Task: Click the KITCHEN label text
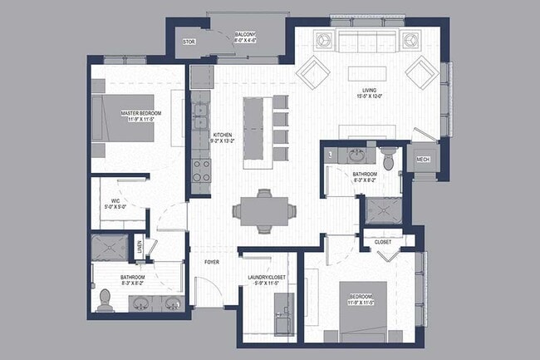click(x=223, y=137)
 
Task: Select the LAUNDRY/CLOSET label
click(x=268, y=280)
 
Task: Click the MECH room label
click(x=422, y=159)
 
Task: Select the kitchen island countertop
click(x=256, y=129)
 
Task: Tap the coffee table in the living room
click(x=369, y=72)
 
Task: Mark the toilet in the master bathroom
click(x=105, y=299)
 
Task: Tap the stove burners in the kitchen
click(x=202, y=170)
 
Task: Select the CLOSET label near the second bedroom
click(x=383, y=242)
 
